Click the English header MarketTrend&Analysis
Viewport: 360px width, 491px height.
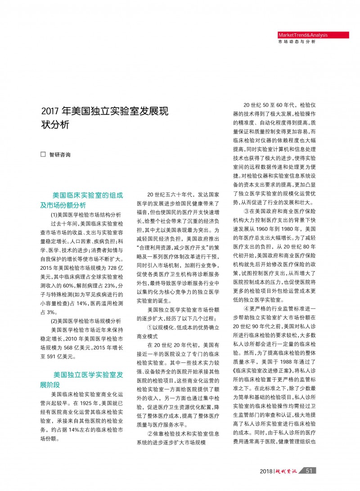(x=303, y=35)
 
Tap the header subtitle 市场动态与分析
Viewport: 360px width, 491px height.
(x=297, y=42)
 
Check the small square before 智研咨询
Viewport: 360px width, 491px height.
(x=43, y=154)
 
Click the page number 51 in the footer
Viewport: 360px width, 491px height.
(x=308, y=471)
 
